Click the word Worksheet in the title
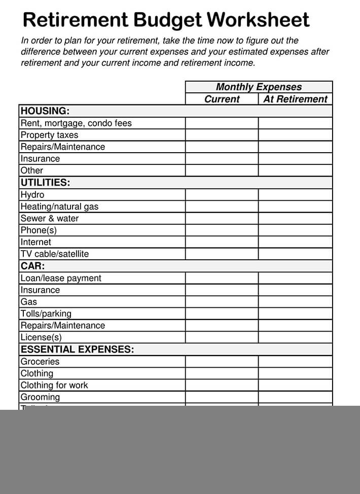[258, 20]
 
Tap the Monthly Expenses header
[259, 87]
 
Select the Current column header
[222, 99]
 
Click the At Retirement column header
[295, 99]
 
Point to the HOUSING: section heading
[45, 111]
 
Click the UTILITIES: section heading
[45, 182]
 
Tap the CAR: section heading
[32, 266]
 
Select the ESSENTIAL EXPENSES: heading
[77, 349]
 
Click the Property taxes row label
[49, 135]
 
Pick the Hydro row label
[32, 195]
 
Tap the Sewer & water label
[49, 219]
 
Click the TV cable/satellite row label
[54, 254]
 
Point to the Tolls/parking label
[46, 313]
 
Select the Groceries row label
[40, 362]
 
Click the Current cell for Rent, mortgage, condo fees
[222, 123]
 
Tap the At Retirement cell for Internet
[295, 242]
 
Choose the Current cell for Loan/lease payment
[222, 278]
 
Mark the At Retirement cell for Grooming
[295, 397]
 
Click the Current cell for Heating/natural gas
[222, 206]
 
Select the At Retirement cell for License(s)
[295, 337]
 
